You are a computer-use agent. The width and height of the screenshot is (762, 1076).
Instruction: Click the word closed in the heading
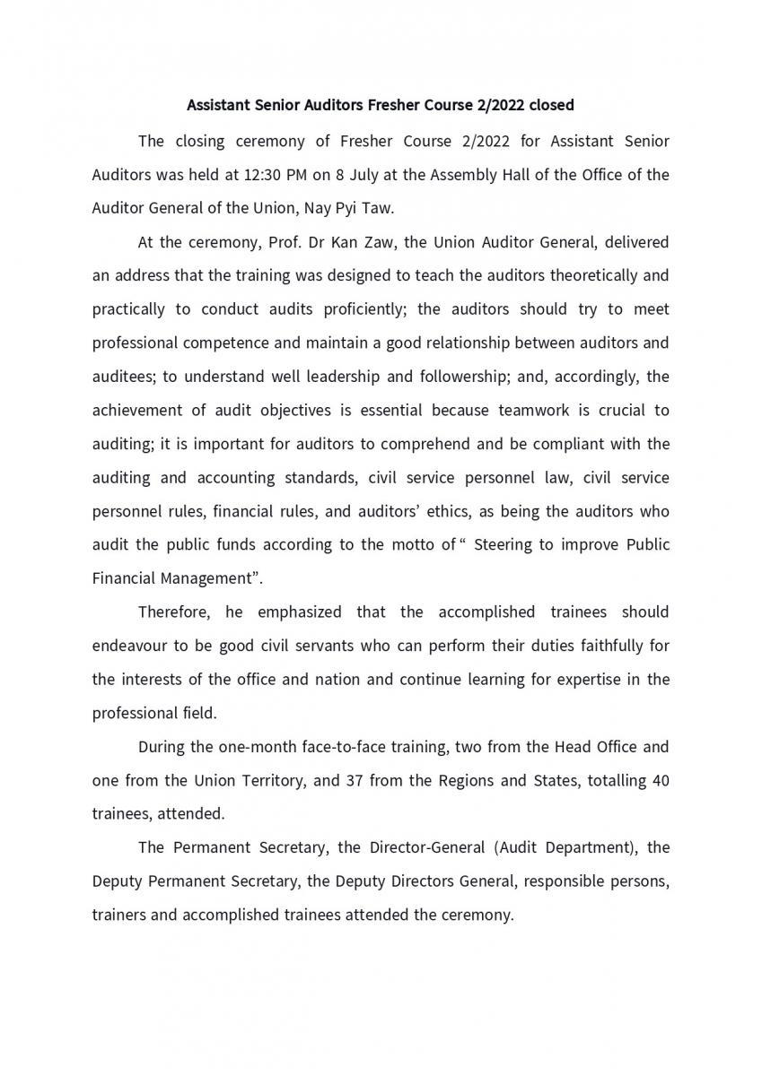click(551, 105)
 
